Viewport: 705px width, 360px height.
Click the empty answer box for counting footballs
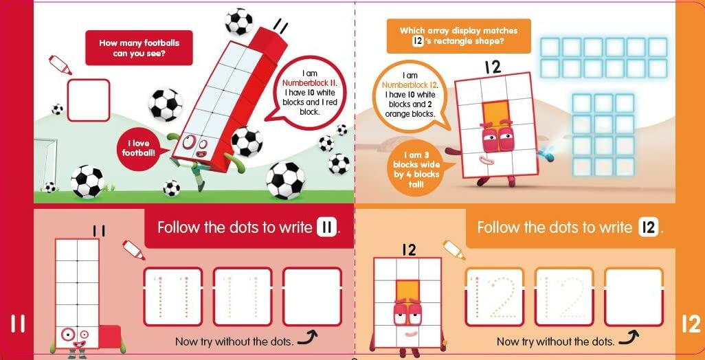pos(89,100)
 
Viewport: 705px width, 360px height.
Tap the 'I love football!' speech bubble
pos(139,148)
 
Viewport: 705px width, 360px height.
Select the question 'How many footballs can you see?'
pos(139,47)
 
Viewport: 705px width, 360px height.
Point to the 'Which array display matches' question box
pos(458,36)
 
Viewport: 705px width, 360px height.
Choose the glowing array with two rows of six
pos(603,58)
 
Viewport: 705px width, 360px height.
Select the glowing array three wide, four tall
pos(603,135)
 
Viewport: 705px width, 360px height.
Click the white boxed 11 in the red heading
pos(327,228)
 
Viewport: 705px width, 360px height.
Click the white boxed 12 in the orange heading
pos(648,228)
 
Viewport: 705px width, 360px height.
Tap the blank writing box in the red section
pos(313,297)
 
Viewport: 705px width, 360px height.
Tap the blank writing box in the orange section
pos(634,297)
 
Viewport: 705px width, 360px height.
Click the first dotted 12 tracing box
pos(495,297)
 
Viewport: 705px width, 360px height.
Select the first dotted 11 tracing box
pos(173,297)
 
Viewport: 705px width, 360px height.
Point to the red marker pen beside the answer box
pos(60,65)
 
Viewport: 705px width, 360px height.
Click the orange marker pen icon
pos(454,250)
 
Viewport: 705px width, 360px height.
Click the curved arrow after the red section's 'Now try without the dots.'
pos(308,339)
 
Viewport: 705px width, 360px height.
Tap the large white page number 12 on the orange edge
pos(691,324)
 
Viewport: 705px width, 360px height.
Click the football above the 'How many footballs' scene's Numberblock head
pos(238,21)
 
